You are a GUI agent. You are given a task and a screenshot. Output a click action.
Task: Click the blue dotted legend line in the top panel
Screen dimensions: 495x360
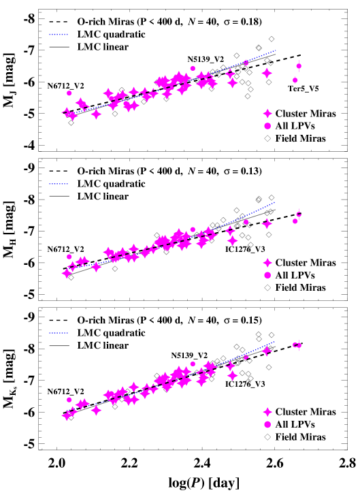pyautogui.click(x=59, y=34)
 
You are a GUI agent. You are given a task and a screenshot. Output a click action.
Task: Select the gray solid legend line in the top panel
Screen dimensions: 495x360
pyautogui.click(x=59, y=47)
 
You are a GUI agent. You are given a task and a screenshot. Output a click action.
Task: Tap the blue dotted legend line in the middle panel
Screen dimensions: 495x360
pyautogui.click(x=59, y=184)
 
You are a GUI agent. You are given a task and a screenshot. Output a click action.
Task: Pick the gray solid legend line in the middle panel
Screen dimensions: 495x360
pyautogui.click(x=59, y=196)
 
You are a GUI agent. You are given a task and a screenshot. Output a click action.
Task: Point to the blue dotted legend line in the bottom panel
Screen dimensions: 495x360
pyautogui.click(x=59, y=333)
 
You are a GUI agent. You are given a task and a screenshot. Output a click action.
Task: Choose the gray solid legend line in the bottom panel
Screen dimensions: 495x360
pyautogui.click(x=59, y=346)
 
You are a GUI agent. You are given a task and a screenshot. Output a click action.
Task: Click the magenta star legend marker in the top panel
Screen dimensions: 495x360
pyautogui.click(x=267, y=114)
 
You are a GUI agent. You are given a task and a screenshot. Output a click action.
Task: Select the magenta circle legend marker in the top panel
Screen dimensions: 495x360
pyautogui.click(x=267, y=126)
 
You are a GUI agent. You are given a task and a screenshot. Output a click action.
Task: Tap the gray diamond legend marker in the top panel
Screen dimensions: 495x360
pyautogui.click(x=267, y=138)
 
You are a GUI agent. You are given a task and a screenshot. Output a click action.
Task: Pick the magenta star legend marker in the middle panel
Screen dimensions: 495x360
pyautogui.click(x=267, y=263)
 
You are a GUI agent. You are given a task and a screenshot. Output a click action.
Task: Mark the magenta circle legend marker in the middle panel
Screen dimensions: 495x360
pyautogui.click(x=267, y=275)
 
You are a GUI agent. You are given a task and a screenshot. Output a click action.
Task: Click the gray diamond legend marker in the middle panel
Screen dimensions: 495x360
pyautogui.click(x=267, y=287)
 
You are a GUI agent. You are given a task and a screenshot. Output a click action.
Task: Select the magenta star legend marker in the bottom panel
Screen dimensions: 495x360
pyautogui.click(x=267, y=412)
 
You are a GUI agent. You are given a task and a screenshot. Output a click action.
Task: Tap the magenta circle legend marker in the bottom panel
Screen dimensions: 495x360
pyautogui.click(x=267, y=424)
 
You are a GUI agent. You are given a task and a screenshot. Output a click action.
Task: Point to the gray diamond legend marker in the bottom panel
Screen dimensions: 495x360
pyautogui.click(x=267, y=437)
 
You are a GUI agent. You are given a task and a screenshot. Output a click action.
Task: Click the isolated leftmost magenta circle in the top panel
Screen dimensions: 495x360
pyautogui.click(x=69, y=93)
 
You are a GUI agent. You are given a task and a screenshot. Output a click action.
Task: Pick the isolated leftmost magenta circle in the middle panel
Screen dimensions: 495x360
pyautogui.click(x=69, y=257)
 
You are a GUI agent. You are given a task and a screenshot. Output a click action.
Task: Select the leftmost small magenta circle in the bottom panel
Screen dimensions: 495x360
pyautogui.click(x=69, y=400)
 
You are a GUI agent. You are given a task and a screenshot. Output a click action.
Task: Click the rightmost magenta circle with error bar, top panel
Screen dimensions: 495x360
pyautogui.click(x=299, y=66)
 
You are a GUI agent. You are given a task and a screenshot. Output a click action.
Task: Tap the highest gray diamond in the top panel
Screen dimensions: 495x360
pyautogui.click(x=272, y=39)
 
